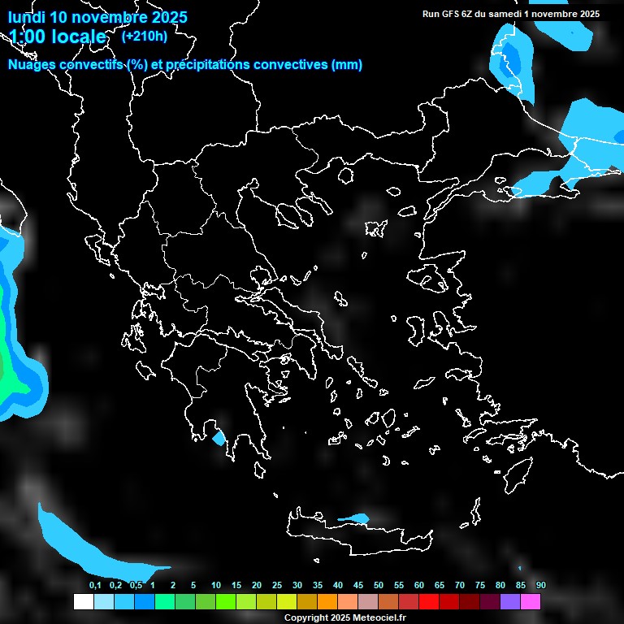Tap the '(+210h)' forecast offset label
pyautogui.click(x=145, y=36)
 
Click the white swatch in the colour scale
pyautogui.click(x=83, y=602)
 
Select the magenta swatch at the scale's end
pyautogui.click(x=531, y=602)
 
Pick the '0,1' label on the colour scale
pyautogui.click(x=95, y=586)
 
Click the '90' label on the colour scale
pyautogui.click(x=541, y=586)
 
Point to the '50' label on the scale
pyautogui.click(x=379, y=586)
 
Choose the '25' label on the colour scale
pyautogui.click(x=277, y=586)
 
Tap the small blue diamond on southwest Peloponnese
pyautogui.click(x=218, y=438)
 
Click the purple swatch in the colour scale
pyautogui.click(x=510, y=602)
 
